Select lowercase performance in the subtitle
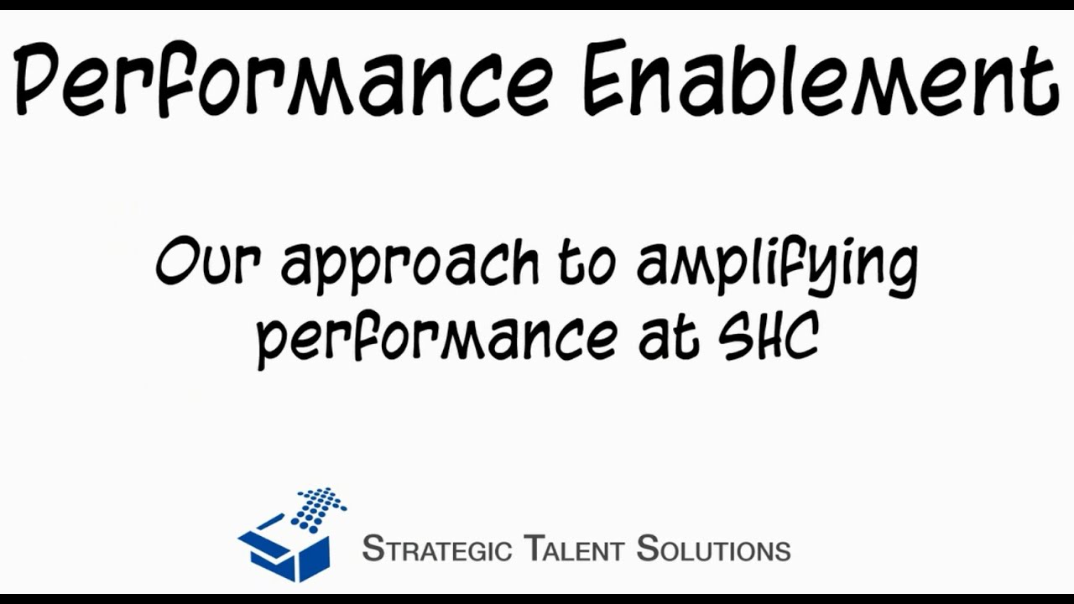click(435, 340)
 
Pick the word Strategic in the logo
click(436, 549)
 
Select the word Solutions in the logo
click(713, 549)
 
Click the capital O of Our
click(177, 263)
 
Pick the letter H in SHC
click(769, 336)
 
